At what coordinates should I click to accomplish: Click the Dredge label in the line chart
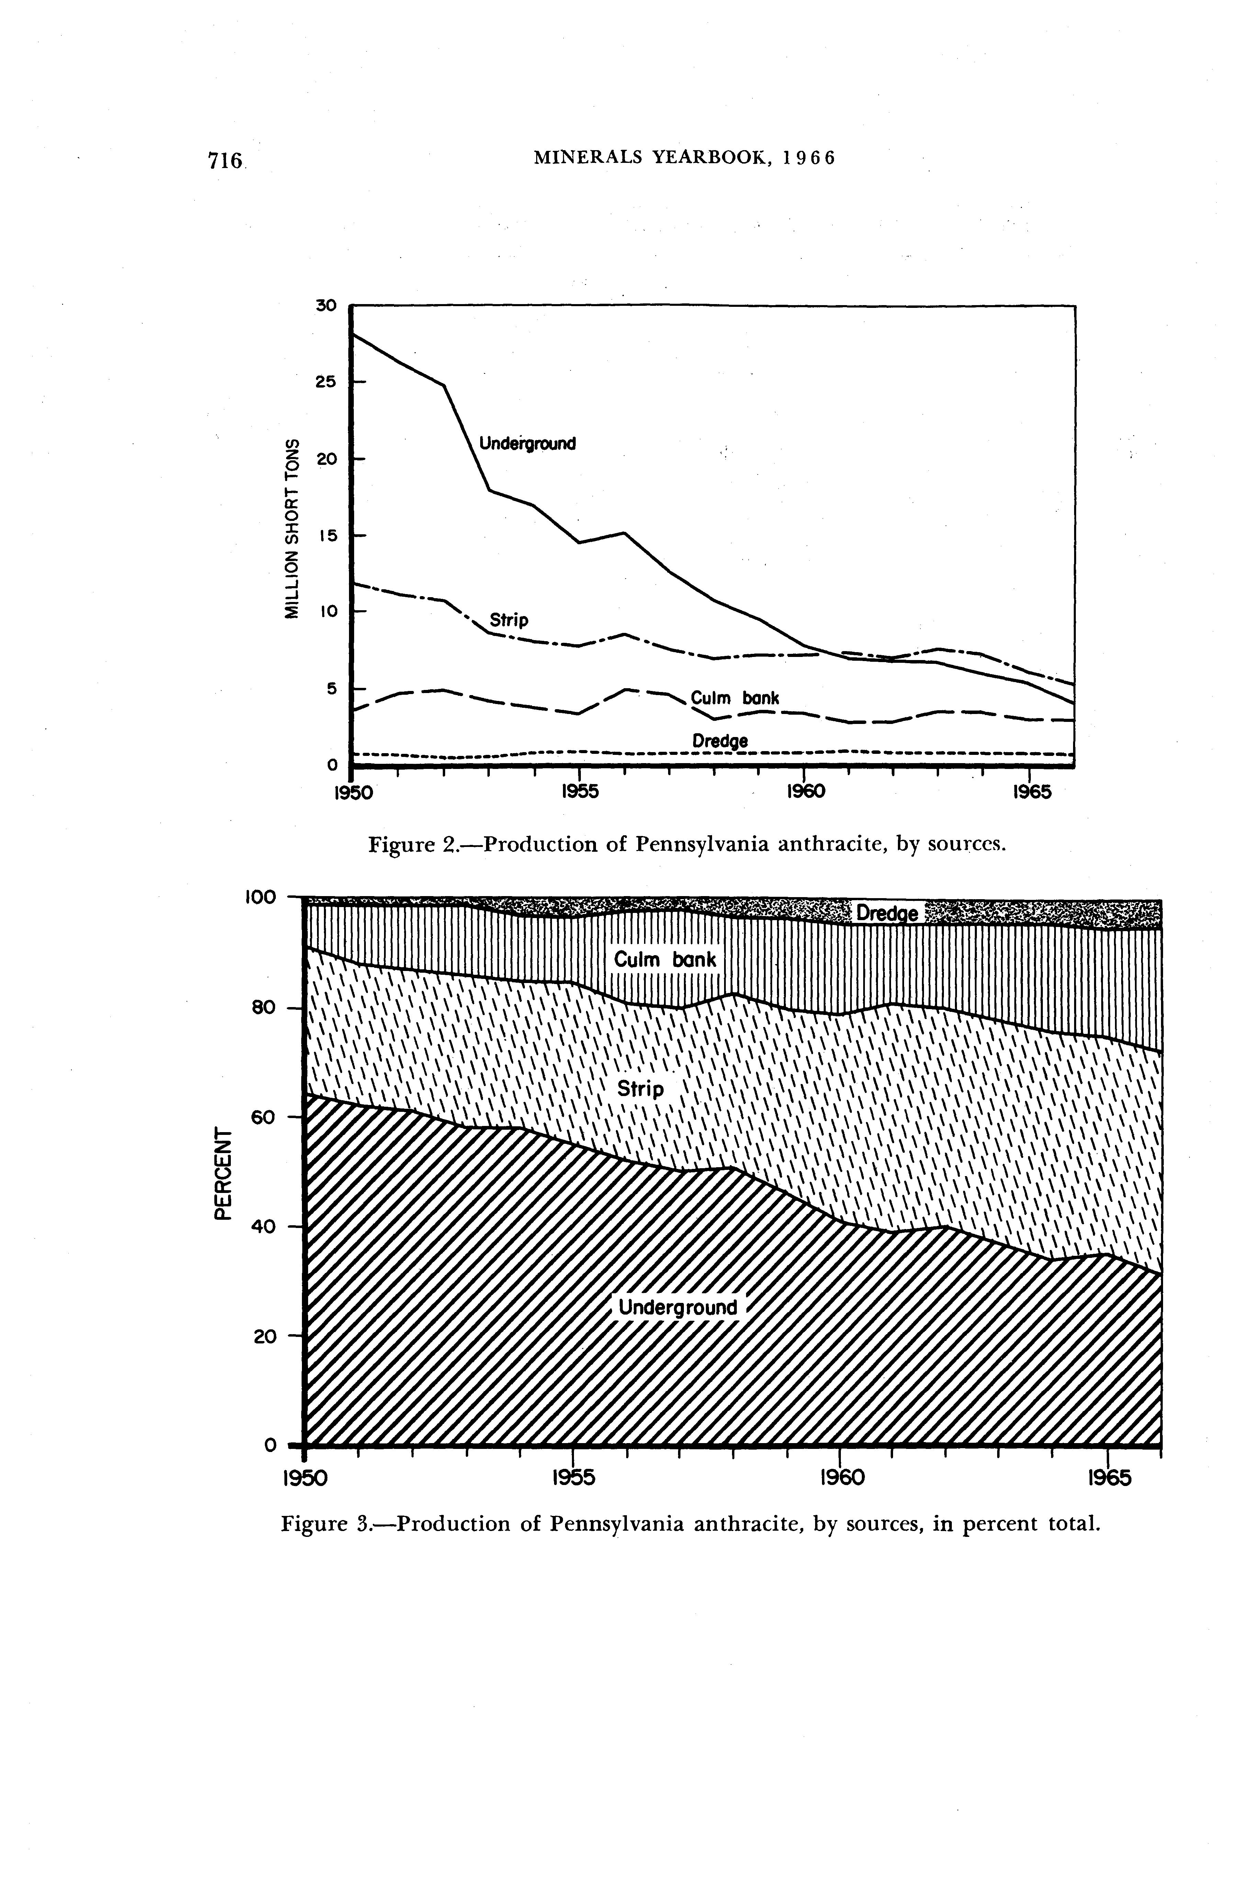(720, 740)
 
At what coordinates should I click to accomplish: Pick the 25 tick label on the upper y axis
(326, 381)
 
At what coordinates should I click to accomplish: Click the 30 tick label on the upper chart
(326, 305)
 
